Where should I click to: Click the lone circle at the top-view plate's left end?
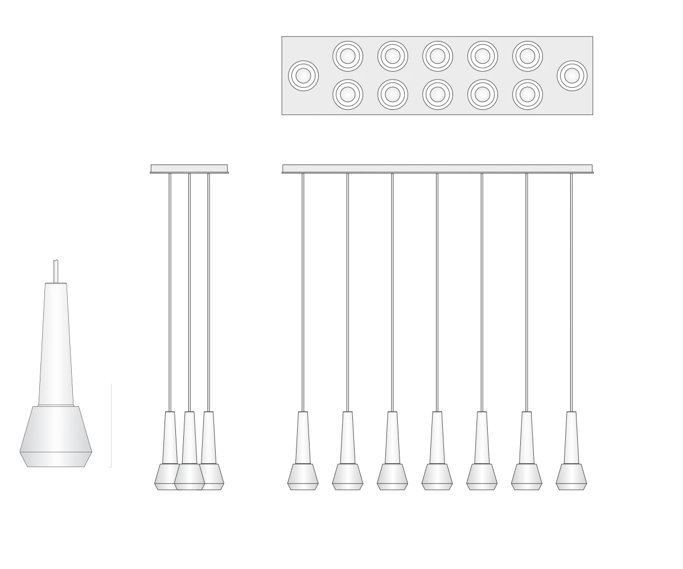coord(303,75)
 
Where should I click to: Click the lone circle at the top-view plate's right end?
coord(572,75)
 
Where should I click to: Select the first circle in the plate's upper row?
coord(348,56)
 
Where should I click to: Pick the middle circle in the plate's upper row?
coord(438,56)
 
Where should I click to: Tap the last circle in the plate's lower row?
coord(528,94)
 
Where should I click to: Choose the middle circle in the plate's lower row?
coord(438,94)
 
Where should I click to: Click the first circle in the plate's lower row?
coord(348,94)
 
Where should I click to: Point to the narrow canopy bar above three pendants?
coord(189,168)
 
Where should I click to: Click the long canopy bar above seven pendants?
coord(438,168)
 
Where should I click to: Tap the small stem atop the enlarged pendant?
coord(56,271)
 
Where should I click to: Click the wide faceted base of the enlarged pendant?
coord(56,435)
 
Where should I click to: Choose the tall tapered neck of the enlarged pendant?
coord(56,347)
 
